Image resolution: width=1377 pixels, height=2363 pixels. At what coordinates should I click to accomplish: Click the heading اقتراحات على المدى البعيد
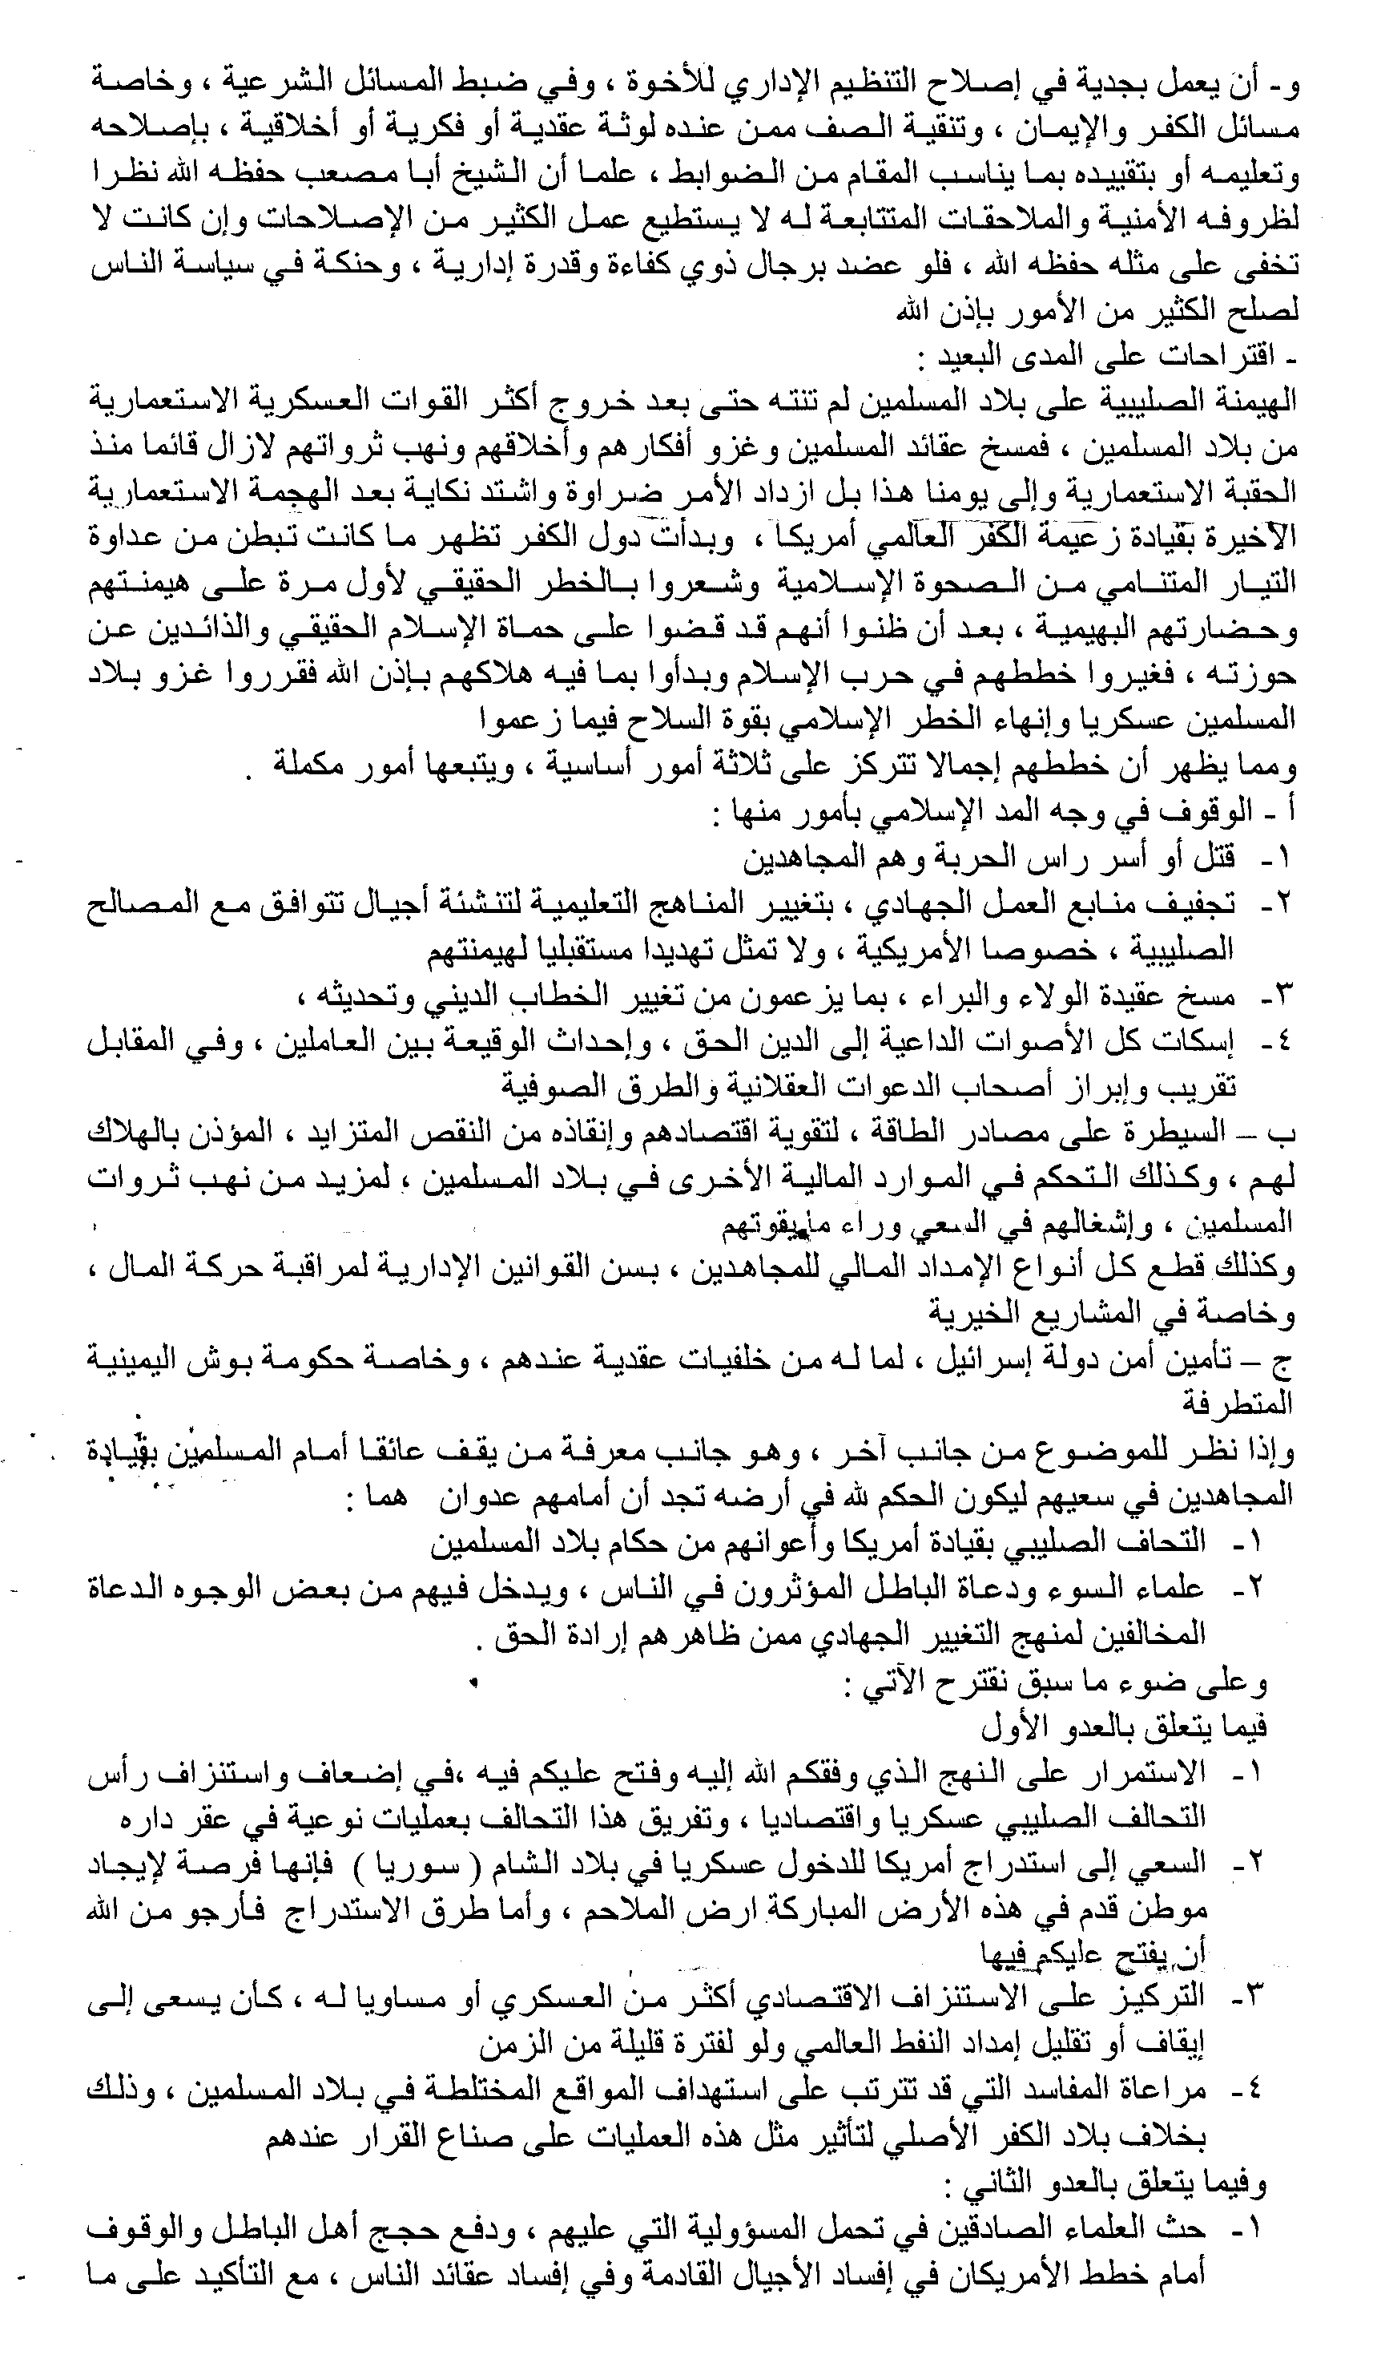click(1092, 357)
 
